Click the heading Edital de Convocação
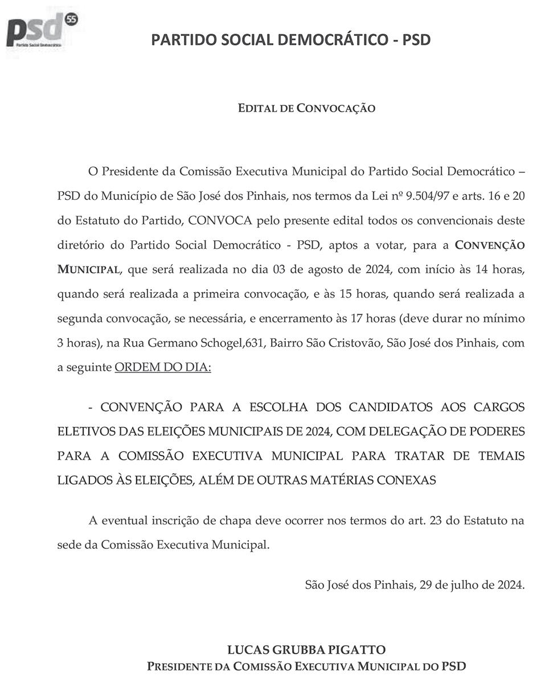click(306, 108)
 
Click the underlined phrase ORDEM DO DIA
click(163, 368)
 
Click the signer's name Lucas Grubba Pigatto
click(306, 650)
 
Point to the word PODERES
click(492, 432)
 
